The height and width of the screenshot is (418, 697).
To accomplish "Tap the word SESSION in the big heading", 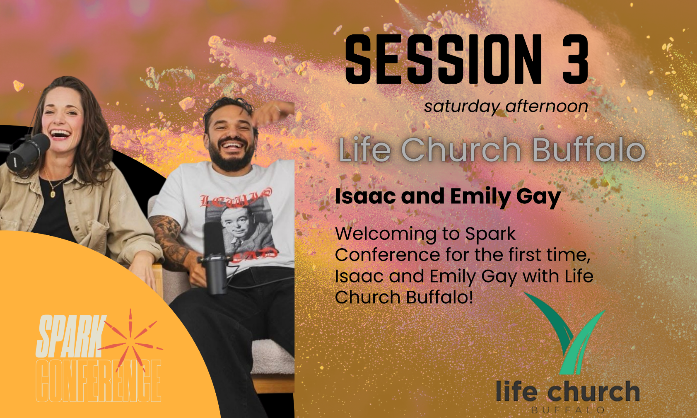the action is (444, 59).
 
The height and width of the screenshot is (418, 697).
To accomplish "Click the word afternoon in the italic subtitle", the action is (547, 106).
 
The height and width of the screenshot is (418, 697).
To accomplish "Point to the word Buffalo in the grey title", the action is (589, 150).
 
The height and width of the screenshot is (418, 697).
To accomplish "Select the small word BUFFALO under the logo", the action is (567, 410).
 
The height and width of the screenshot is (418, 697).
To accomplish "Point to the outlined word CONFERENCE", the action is (99, 381).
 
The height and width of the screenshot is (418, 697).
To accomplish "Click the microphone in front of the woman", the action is (28, 152).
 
